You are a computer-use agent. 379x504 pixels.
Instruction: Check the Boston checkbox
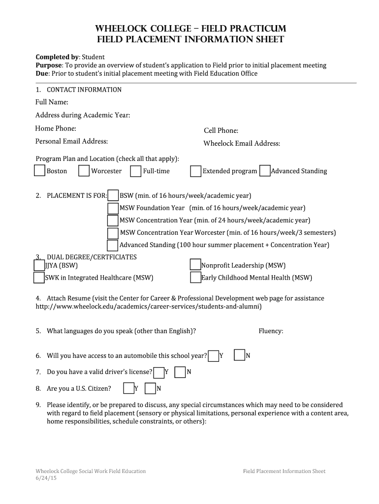[40, 171]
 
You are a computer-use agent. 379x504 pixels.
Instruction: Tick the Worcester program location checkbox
[84, 171]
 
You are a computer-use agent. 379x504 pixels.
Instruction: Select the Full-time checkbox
[136, 171]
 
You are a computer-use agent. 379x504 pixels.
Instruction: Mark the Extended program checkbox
[196, 171]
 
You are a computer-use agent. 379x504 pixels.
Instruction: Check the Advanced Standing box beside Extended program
[265, 171]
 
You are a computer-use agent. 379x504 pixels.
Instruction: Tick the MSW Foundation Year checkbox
[113, 208]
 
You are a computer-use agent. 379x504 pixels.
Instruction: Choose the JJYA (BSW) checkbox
[39, 265]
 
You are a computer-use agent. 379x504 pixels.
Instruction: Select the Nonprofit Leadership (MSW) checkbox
[195, 265]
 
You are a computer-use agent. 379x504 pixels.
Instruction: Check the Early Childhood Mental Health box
[195, 278]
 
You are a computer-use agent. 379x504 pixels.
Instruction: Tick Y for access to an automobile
[214, 356]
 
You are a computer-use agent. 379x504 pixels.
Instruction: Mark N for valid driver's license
[181, 372]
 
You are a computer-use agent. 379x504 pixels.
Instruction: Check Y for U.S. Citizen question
[128, 388]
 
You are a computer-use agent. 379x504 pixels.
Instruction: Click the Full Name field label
[52, 102]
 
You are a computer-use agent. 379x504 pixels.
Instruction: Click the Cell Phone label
[221, 130]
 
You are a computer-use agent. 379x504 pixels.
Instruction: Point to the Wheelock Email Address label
[242, 144]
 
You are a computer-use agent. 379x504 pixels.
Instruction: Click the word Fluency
[271, 331]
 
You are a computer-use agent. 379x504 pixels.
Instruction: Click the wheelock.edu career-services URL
[149, 307]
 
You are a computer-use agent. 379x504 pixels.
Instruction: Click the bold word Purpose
[48, 65]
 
